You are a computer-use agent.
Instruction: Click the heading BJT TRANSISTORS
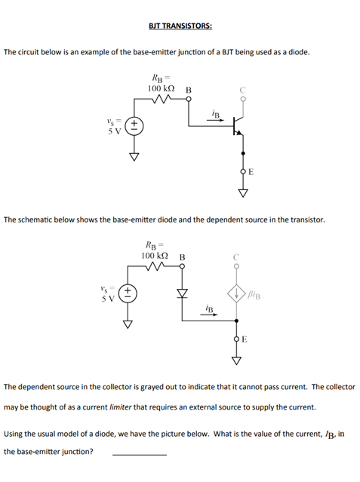pyautogui.click(x=180, y=26)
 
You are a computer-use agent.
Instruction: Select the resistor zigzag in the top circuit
pyautogui.click(x=165, y=100)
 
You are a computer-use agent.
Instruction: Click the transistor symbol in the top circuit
pyautogui.click(x=238, y=125)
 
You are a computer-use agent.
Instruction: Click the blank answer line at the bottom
pyautogui.click(x=139, y=453)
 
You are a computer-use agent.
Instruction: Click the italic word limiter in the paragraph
pyautogui.click(x=125, y=407)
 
